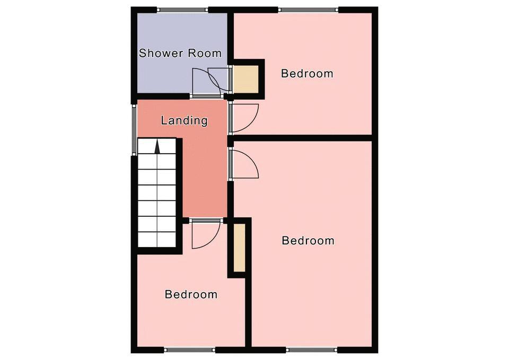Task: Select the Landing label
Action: (x=184, y=120)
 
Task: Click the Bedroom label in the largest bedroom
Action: (x=308, y=241)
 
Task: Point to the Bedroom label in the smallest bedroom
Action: (x=191, y=294)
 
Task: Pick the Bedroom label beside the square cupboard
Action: (x=307, y=73)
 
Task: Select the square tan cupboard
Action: (x=246, y=79)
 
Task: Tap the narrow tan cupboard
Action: (x=239, y=248)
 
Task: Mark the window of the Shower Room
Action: (x=183, y=10)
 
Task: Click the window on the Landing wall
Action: (x=134, y=129)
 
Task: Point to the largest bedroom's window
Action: (x=312, y=350)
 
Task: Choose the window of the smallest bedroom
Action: (x=190, y=350)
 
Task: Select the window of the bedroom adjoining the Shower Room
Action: (x=309, y=10)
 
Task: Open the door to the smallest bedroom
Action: (x=206, y=234)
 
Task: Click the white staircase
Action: (x=157, y=193)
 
